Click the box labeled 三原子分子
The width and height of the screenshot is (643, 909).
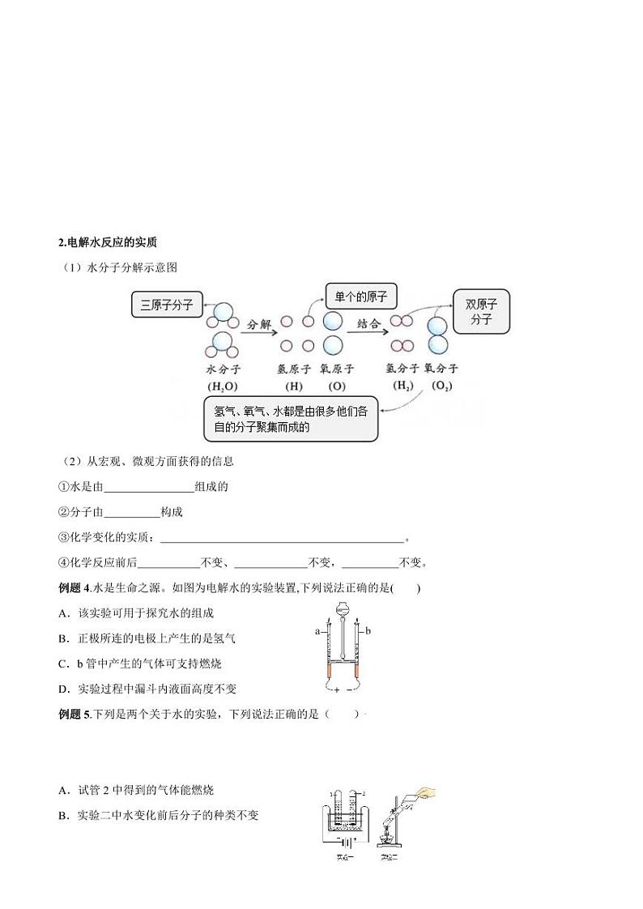[167, 305]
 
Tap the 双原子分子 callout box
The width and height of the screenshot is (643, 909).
[481, 311]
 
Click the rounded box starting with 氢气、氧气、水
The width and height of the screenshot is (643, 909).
[291, 419]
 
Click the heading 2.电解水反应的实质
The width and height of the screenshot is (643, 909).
[108, 241]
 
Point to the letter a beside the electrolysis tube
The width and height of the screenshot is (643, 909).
[317, 630]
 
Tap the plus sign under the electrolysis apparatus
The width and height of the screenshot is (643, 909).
[336, 690]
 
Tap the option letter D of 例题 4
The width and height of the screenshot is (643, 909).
[63, 689]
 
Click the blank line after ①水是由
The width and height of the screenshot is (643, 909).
[149, 488]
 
